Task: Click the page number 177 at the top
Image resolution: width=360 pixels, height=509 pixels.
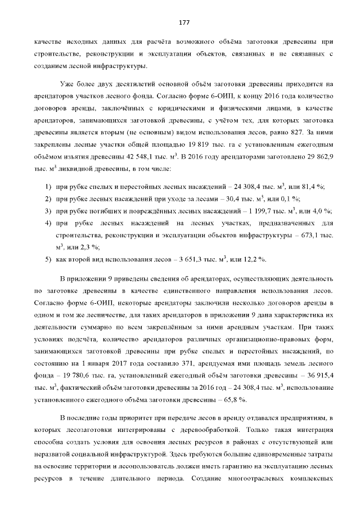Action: tap(183, 22)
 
